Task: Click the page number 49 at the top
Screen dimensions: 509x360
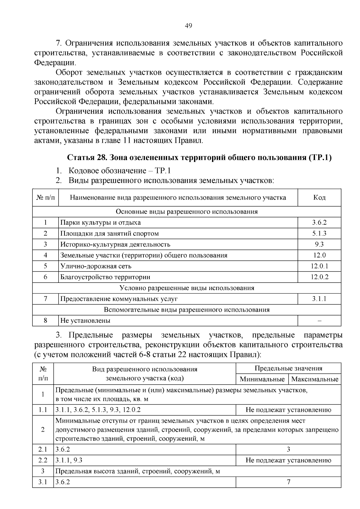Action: (188, 26)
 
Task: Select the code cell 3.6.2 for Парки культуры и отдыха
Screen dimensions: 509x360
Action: (319, 223)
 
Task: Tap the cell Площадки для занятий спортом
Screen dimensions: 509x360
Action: (109, 234)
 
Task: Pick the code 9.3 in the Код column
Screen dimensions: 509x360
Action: (319, 244)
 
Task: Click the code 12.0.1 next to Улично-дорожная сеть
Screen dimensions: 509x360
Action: (319, 266)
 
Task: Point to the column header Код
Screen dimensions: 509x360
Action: (319, 197)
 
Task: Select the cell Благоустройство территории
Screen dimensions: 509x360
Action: (105, 277)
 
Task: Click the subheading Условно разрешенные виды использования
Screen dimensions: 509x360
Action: (187, 288)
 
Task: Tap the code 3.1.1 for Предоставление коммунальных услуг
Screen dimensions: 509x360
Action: (319, 299)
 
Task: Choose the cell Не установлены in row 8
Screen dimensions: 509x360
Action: (85, 321)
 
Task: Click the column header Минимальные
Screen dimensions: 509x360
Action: (262, 379)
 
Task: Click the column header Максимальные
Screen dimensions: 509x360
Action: (315, 379)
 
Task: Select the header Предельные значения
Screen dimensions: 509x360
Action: (288, 368)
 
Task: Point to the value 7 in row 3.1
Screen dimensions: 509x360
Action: (288, 482)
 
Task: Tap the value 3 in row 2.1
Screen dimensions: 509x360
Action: (288, 449)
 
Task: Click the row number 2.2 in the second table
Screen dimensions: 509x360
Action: (43, 460)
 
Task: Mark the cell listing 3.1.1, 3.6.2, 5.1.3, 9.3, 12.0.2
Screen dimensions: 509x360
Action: (98, 410)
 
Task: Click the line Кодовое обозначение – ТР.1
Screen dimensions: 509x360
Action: (119, 171)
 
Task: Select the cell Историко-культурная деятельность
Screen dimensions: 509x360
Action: (115, 244)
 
